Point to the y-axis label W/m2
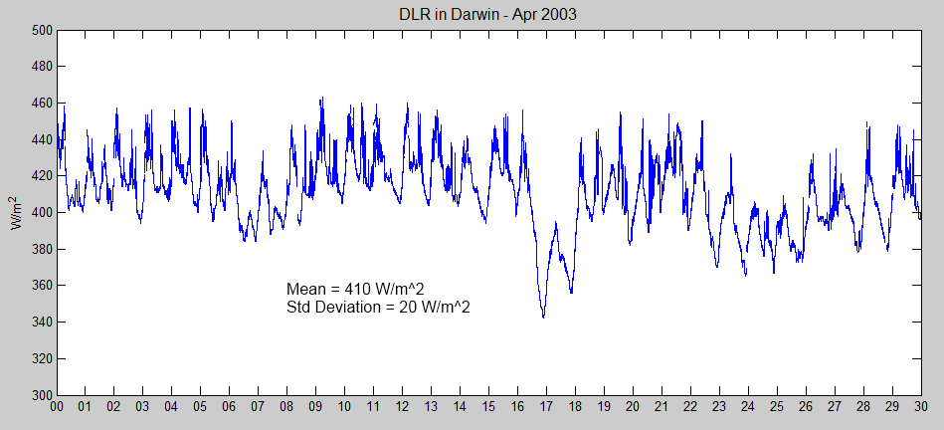point(17,213)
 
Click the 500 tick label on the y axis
point(40,30)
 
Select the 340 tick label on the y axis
point(40,322)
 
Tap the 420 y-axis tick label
point(40,176)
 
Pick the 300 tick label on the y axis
point(40,395)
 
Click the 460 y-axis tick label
point(40,104)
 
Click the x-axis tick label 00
point(57,407)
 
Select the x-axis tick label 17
point(546,407)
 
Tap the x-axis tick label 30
point(921,407)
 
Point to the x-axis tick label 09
point(316,407)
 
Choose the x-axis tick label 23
point(719,407)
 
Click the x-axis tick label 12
point(403,407)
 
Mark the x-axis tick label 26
point(806,407)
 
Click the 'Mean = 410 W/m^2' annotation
point(356,289)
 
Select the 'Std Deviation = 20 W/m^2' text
point(378,308)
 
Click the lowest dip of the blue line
point(543,317)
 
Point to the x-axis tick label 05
point(201,407)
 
